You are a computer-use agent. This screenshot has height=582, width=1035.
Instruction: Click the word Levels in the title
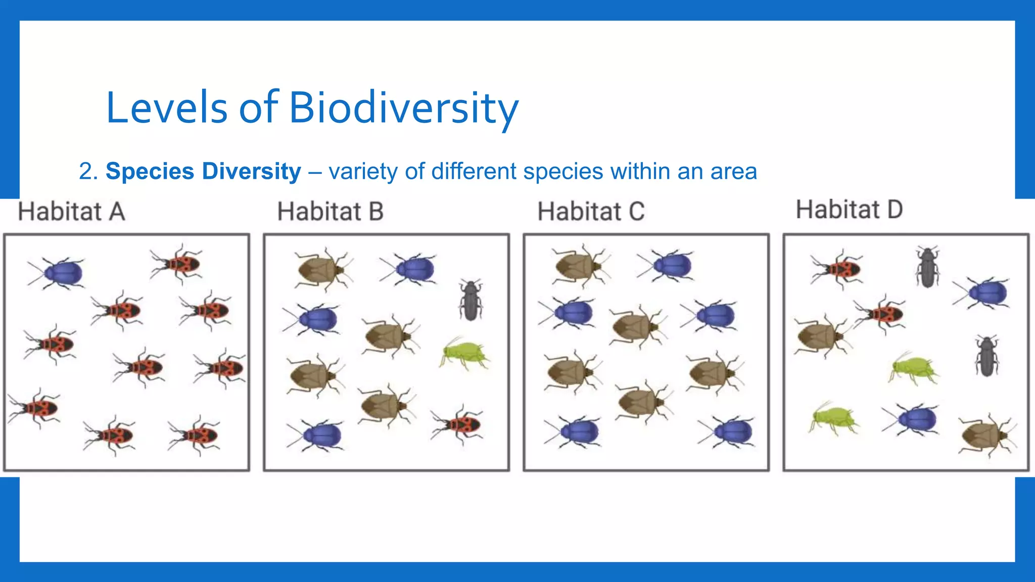[x=167, y=108]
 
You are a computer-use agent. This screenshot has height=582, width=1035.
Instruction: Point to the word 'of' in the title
[x=258, y=108]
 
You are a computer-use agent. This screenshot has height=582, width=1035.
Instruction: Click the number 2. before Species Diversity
[x=88, y=171]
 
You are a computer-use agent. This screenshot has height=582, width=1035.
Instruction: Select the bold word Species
[x=150, y=171]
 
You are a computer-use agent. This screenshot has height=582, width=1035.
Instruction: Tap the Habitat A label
[x=71, y=211]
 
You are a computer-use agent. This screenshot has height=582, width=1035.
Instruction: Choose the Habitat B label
[x=331, y=211]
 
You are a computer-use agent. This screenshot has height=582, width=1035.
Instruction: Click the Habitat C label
[x=591, y=211]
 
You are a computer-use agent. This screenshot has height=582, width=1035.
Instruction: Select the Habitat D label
[x=849, y=209]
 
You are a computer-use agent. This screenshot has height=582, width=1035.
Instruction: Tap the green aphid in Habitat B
[x=464, y=353]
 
